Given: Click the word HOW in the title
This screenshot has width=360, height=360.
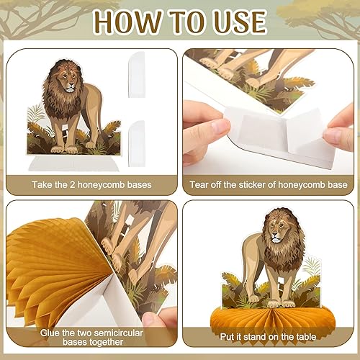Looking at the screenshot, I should (127, 22).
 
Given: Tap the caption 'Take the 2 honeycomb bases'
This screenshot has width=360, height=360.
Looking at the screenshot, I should (91, 184).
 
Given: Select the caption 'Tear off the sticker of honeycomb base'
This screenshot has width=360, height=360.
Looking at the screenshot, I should (268, 184).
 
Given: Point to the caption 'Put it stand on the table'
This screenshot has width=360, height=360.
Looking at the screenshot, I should (268, 333).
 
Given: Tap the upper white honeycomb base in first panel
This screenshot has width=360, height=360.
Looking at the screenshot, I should (137, 69).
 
